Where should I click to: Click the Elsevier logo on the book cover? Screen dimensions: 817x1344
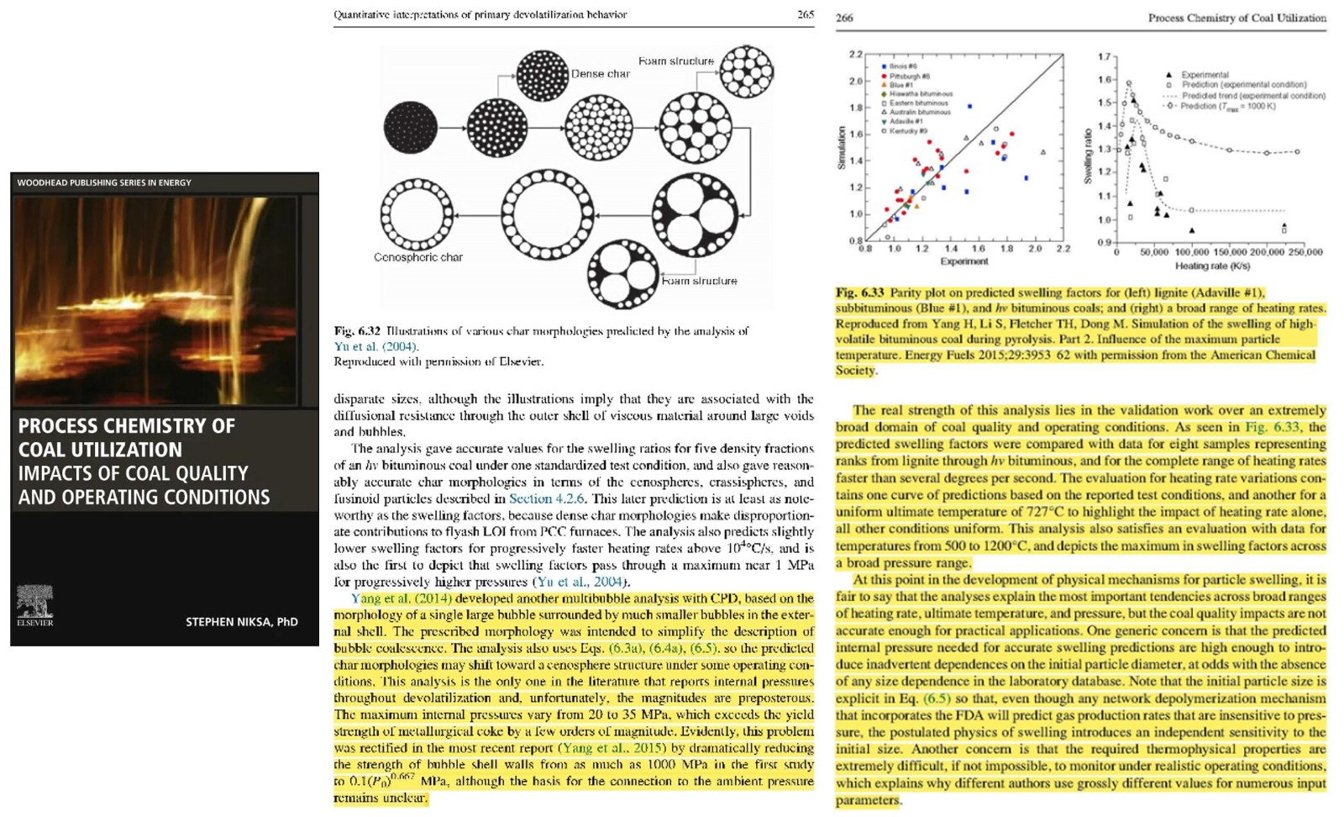[34, 605]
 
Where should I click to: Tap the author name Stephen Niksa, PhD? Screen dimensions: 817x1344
[241, 622]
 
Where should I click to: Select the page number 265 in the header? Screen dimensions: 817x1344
[805, 14]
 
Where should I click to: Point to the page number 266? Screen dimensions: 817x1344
[844, 18]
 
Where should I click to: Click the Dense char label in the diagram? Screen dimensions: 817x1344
[600, 74]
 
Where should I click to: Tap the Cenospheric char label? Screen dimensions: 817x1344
[417, 257]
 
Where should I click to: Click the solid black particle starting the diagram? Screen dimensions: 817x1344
[411, 127]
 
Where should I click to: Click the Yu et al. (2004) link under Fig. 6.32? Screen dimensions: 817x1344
[375, 346]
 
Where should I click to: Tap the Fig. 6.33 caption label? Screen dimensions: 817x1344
[859, 293]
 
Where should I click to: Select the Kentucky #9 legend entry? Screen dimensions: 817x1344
[907, 131]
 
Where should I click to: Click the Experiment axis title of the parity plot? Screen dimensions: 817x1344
[963, 261]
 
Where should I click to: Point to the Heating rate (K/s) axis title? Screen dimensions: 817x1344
[1212, 266]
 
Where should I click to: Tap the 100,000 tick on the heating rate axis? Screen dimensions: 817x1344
[1192, 251]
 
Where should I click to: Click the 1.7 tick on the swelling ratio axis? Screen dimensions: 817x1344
[1105, 57]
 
